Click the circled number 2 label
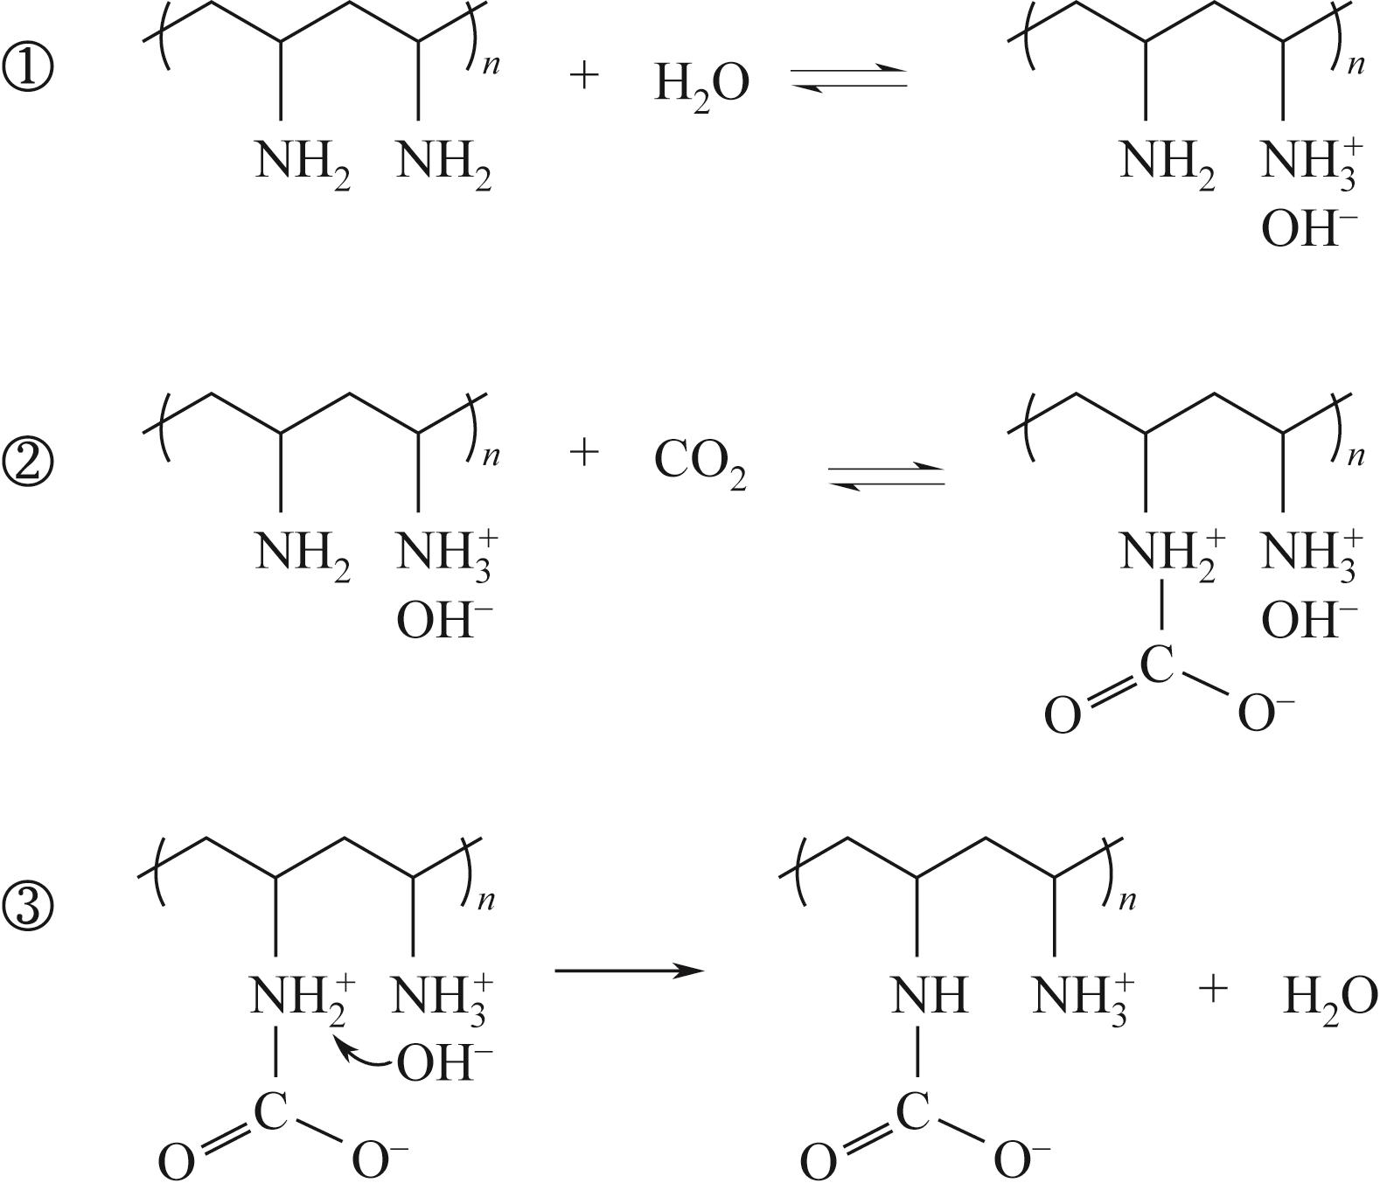[x=29, y=462]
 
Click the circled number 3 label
[x=29, y=907]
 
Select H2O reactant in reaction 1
[x=701, y=86]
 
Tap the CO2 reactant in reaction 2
[x=700, y=463]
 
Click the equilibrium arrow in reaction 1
[x=849, y=77]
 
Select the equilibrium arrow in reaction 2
[x=886, y=475]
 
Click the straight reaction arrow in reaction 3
[x=629, y=970]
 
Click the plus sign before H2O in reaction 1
[x=583, y=75]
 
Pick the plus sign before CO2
[x=583, y=453]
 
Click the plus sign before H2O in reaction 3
[x=1212, y=989]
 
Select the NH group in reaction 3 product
[x=929, y=995]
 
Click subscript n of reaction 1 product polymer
[x=1356, y=64]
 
